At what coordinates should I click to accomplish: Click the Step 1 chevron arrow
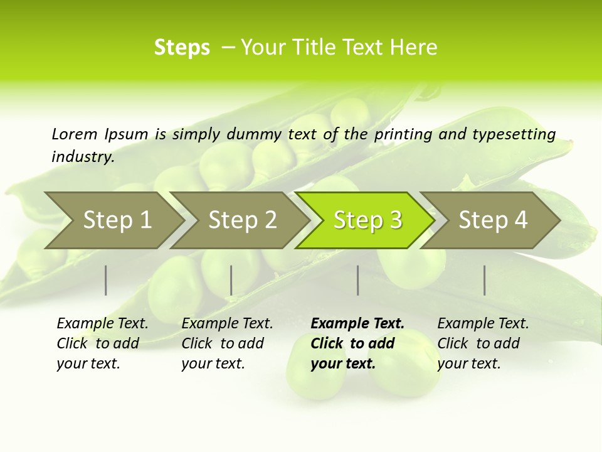[117, 220]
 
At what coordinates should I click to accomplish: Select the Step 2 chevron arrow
[242, 220]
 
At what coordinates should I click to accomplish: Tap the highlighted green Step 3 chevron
[367, 220]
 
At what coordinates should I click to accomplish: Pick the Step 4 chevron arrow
[493, 220]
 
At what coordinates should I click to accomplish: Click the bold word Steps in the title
[182, 48]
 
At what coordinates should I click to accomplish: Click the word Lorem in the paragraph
[74, 134]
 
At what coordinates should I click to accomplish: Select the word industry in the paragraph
[82, 156]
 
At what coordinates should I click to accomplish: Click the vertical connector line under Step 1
[106, 280]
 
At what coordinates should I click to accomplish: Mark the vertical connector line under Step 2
[231, 280]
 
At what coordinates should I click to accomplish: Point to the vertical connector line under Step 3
[358, 280]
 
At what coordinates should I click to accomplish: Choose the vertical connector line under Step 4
[485, 280]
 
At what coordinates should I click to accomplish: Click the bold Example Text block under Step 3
[357, 343]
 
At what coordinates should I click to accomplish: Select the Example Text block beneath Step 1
[102, 343]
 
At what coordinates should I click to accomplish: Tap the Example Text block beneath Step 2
[227, 343]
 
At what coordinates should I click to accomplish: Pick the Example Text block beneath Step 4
[483, 343]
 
